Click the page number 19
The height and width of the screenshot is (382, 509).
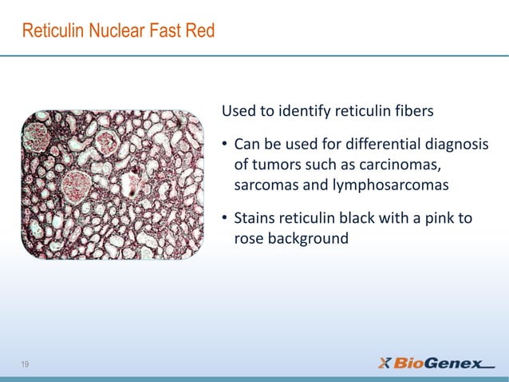(26, 364)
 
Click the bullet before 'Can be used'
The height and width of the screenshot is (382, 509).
(226, 145)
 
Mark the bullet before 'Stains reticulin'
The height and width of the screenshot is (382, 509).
(226, 218)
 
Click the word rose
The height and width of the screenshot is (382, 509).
(248, 238)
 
